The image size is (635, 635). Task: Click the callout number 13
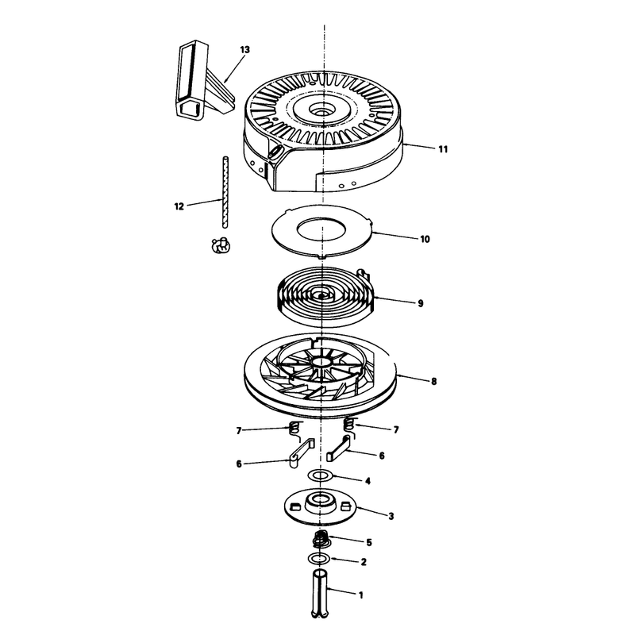(244, 50)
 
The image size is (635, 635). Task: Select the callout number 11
(443, 149)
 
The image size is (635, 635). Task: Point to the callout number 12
(179, 206)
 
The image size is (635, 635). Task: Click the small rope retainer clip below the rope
(221, 245)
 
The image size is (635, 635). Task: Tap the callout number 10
(425, 240)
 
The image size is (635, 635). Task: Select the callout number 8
(433, 382)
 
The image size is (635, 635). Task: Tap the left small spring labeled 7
(295, 429)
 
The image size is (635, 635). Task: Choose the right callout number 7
(396, 429)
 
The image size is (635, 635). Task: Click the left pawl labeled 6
(302, 452)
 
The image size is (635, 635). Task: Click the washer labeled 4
(321, 475)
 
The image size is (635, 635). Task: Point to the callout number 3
(391, 517)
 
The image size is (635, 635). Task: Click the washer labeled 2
(320, 559)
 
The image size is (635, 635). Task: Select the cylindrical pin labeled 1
(320, 593)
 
